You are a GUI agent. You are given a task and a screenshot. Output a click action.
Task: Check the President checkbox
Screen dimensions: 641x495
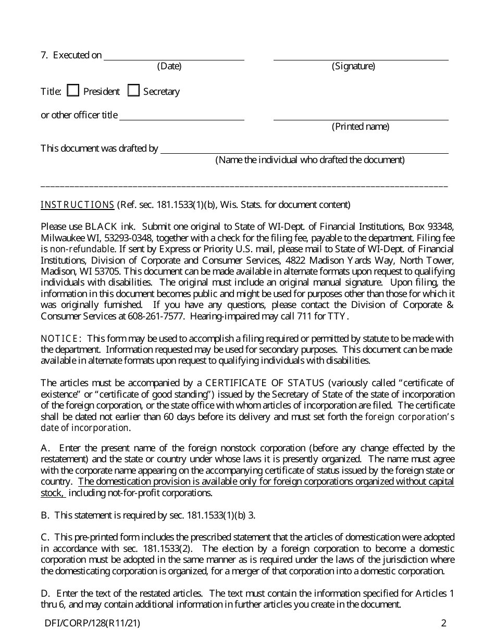point(73,91)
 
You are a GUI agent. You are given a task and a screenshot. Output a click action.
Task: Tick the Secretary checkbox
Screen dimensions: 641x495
point(134,91)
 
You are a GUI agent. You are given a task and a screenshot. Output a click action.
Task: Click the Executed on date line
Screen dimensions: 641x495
point(174,56)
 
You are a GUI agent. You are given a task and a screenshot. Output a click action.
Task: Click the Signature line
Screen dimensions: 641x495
point(361,56)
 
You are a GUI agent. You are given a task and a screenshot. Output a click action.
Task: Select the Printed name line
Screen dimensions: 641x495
point(361,116)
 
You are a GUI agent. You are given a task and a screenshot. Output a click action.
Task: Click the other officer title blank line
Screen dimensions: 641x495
point(182,116)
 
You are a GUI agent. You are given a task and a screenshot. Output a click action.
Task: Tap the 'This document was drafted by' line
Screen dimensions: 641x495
point(304,150)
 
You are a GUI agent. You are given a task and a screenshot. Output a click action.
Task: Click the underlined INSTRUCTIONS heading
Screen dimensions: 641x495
point(77,205)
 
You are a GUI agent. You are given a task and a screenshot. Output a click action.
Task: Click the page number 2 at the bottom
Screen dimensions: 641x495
point(443,622)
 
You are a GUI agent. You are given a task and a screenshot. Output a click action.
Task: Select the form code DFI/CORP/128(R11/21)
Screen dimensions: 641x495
point(92,622)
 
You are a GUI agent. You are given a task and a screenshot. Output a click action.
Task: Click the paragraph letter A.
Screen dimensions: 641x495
point(45,448)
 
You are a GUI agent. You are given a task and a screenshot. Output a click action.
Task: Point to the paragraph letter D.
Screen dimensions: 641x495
point(45,594)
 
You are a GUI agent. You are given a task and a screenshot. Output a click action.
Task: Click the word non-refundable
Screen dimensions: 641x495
point(79,249)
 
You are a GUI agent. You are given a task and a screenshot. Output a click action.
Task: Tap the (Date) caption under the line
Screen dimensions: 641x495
point(169,66)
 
